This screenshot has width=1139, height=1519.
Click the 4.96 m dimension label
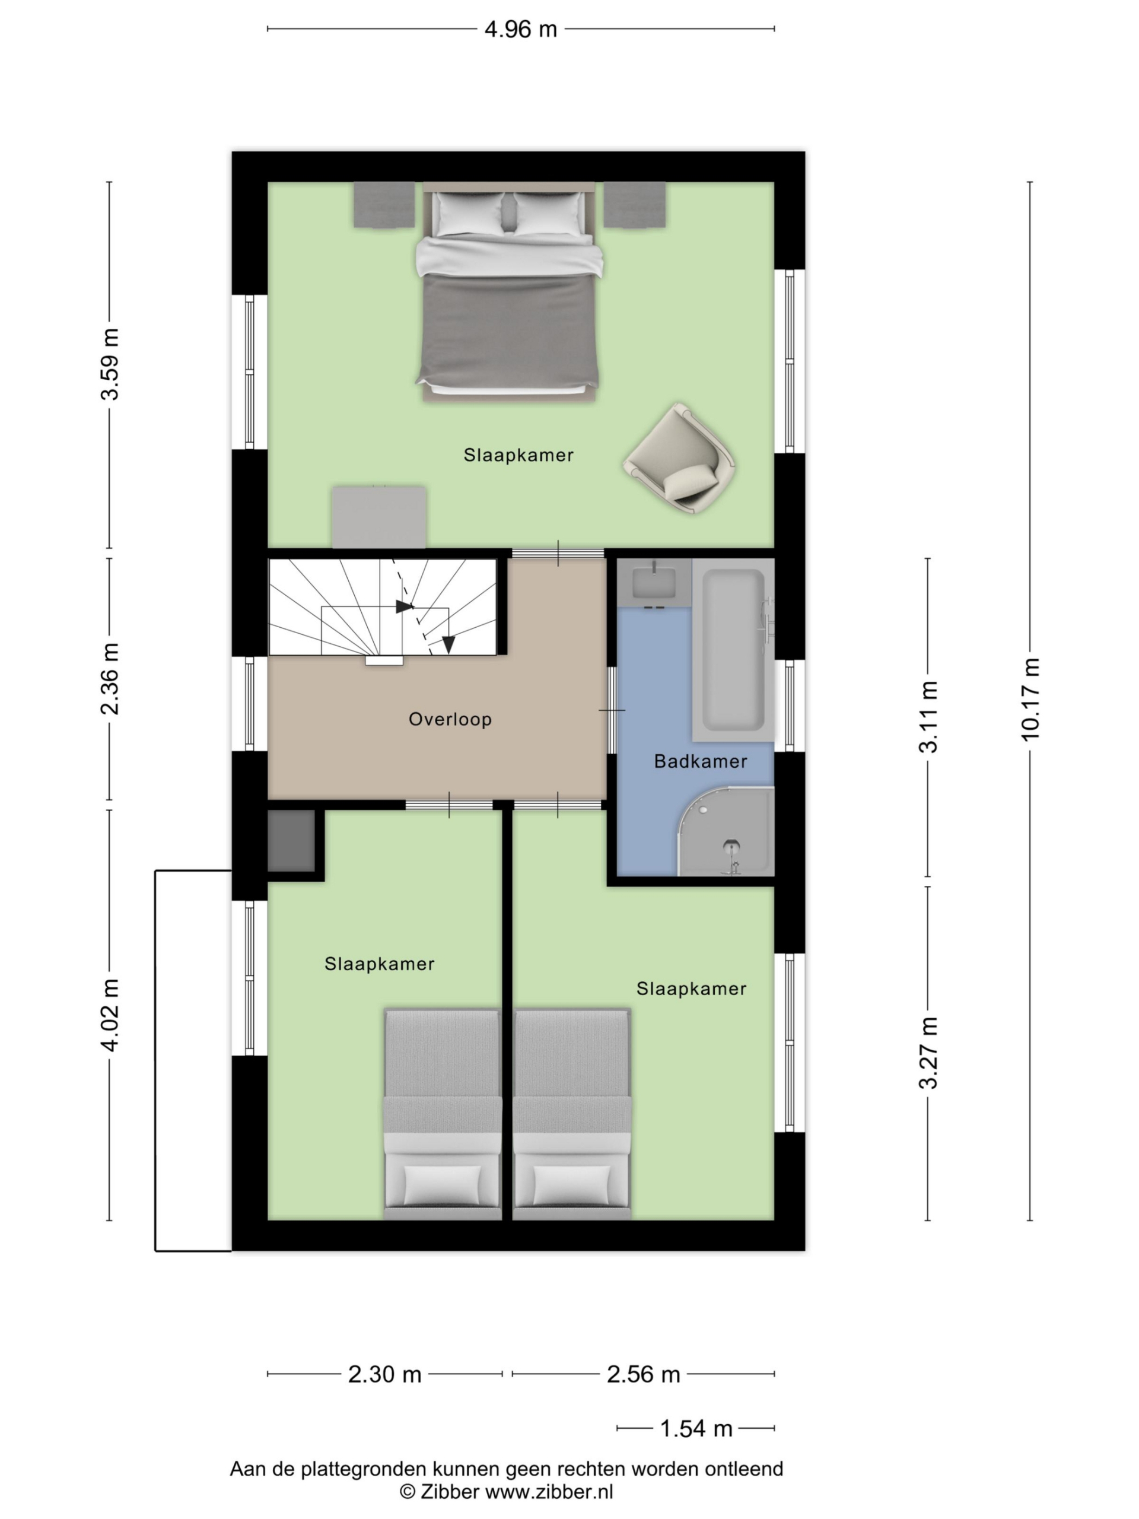[520, 30]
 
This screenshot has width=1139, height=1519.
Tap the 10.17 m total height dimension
[1030, 699]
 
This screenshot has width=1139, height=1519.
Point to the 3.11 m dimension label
[928, 717]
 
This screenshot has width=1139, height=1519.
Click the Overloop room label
[450, 719]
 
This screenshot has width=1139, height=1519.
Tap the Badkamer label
[700, 761]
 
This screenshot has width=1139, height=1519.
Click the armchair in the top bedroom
[680, 458]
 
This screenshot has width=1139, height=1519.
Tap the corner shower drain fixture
[732, 854]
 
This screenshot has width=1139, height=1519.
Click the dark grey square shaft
[291, 841]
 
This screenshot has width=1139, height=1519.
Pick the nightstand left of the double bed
[384, 205]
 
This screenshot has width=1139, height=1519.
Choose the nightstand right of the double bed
[634, 205]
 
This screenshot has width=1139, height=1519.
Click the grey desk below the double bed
[379, 517]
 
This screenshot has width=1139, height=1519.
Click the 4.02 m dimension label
[110, 1015]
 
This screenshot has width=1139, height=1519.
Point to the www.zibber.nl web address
[549, 1492]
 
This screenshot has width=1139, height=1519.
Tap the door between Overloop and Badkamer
[612, 710]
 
